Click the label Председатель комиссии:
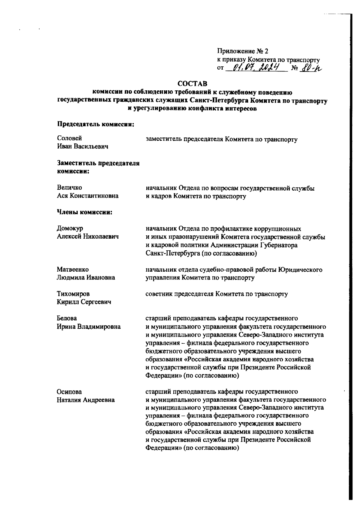[x=95, y=125]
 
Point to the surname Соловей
[x=69, y=138]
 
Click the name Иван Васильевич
[x=82, y=146]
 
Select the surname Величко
[x=69, y=188]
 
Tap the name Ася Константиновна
[x=88, y=196]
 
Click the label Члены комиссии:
[x=85, y=213]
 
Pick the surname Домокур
[x=70, y=228]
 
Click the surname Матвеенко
[x=73, y=270]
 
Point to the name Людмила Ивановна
[x=86, y=278]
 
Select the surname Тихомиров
[x=73, y=294]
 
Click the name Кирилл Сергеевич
[x=84, y=302]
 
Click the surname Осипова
[x=69, y=392]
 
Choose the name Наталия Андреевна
[x=86, y=400]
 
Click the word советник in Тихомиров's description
[x=159, y=294]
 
